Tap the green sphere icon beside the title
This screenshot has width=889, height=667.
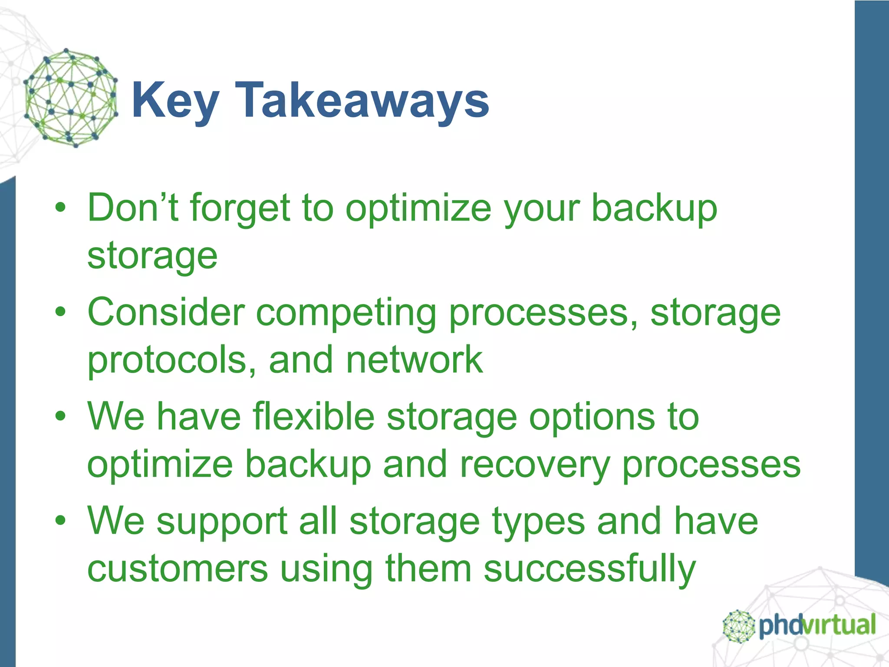click(x=71, y=98)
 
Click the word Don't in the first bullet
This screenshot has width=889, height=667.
click(x=133, y=208)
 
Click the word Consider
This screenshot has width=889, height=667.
click(x=166, y=313)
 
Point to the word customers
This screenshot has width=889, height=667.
click(x=178, y=569)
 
